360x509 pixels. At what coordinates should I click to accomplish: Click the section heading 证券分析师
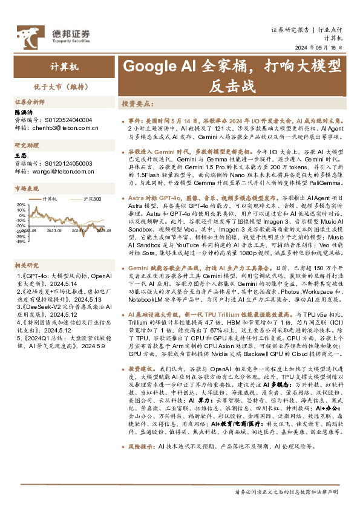pos(30,102)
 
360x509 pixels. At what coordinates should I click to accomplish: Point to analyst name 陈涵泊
pos(24,112)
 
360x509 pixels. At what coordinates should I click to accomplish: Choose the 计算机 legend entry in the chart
pos(50,198)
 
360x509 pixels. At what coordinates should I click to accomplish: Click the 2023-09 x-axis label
pos(55,230)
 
